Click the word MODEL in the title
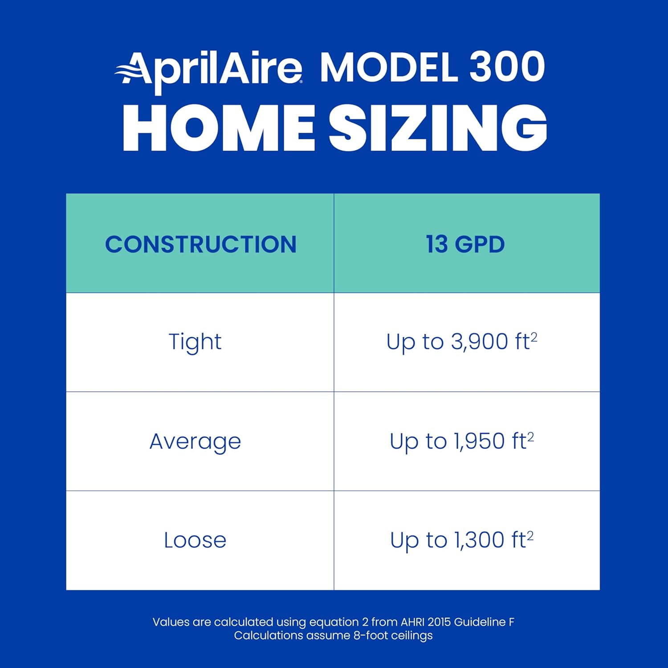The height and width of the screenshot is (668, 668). click(389, 68)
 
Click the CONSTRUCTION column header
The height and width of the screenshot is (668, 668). click(200, 244)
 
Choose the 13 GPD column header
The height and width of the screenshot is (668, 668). click(465, 244)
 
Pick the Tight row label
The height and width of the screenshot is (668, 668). click(195, 342)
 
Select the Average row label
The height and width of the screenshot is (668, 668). click(195, 442)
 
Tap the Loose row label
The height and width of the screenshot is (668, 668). click(195, 540)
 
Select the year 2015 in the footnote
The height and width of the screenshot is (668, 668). click(440, 622)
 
